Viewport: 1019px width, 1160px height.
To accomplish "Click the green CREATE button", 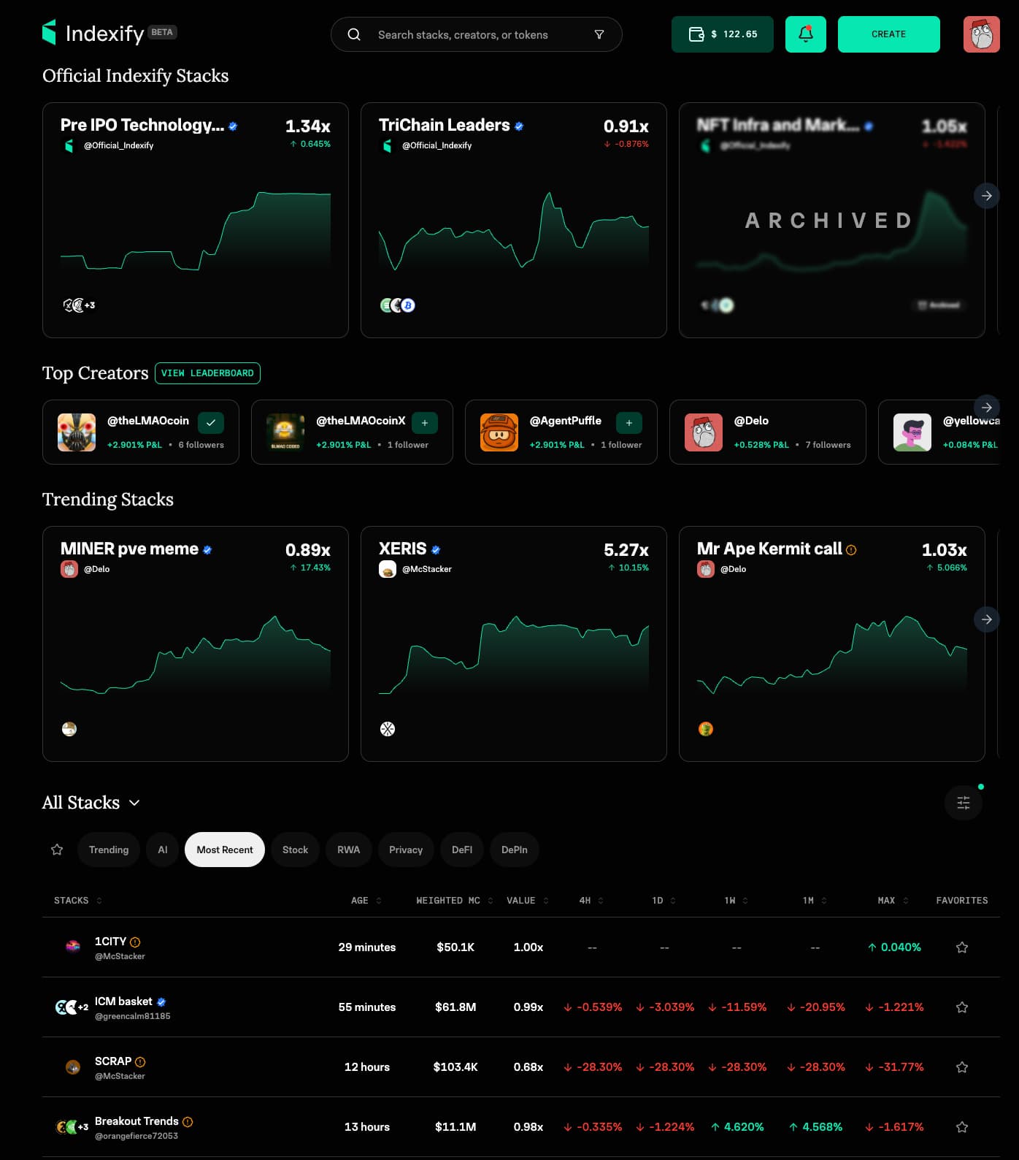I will [888, 34].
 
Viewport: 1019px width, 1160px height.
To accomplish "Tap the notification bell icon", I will [805, 34].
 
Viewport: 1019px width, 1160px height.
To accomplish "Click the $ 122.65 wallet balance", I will [722, 34].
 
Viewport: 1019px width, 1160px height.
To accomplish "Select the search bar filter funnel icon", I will [599, 34].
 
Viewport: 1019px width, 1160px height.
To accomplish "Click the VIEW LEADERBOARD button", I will [207, 373].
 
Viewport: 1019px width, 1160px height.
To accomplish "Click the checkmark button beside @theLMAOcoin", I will [210, 423].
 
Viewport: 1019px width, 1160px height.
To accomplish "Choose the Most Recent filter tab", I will [224, 850].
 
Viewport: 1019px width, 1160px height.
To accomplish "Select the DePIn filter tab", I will [514, 850].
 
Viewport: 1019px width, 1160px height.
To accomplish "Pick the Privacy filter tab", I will [405, 850].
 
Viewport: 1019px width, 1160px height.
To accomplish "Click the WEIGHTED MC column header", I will [448, 901].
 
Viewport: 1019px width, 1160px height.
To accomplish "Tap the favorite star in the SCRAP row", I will [962, 1067].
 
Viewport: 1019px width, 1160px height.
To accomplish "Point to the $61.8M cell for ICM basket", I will [455, 1007].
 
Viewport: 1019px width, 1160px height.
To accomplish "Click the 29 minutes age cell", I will [366, 947].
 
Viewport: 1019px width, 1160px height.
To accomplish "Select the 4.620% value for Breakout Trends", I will [738, 1127].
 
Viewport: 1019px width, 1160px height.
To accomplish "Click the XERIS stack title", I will [402, 549].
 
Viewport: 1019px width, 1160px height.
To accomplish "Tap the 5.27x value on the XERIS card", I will [626, 550].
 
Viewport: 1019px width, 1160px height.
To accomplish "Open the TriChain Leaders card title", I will [444, 125].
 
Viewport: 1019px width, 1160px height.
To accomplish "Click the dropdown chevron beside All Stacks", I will [134, 803].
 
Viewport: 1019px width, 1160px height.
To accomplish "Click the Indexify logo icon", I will [49, 32].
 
